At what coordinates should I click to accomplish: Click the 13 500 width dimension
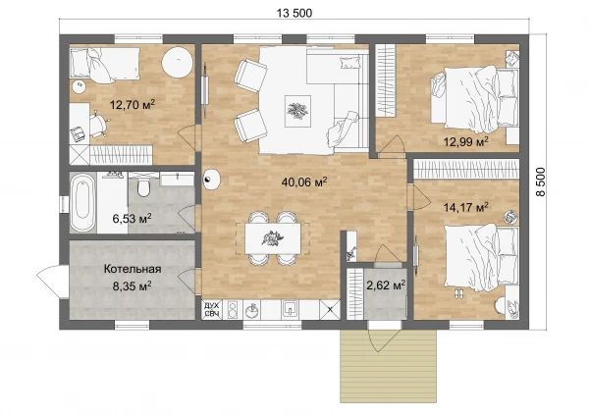pyautogui.click(x=294, y=13)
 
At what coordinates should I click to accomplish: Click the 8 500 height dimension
pyautogui.click(x=540, y=182)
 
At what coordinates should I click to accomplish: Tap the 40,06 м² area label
pyautogui.click(x=304, y=182)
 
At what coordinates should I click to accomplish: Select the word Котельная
pyautogui.click(x=133, y=269)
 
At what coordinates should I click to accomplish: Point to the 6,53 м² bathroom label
pyautogui.click(x=133, y=218)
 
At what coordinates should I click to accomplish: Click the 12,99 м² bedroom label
pyautogui.click(x=465, y=141)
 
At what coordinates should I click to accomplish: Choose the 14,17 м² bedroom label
pyautogui.click(x=465, y=206)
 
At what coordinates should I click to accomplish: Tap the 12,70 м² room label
pyautogui.click(x=133, y=104)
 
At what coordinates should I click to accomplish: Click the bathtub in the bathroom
pyautogui.click(x=83, y=203)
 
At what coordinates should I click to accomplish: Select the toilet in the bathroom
pyautogui.click(x=143, y=185)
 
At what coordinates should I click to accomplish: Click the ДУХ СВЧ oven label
pyautogui.click(x=211, y=310)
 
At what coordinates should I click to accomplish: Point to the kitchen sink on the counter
pyautogui.click(x=290, y=309)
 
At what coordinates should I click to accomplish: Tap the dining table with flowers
pyautogui.click(x=272, y=238)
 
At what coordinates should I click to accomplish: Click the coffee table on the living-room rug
pyautogui.click(x=297, y=111)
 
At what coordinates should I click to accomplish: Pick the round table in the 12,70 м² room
pyautogui.click(x=178, y=63)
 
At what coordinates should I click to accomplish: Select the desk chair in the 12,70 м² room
pyautogui.click(x=98, y=124)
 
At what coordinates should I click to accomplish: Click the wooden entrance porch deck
pyautogui.click(x=388, y=366)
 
